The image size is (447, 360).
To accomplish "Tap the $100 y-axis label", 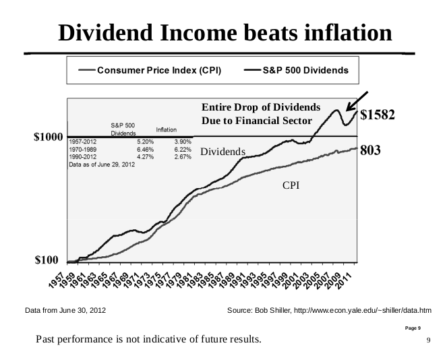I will pos(51,260).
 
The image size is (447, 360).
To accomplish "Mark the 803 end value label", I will pos(371,150).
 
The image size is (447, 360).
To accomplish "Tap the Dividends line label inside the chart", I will pos(222,152).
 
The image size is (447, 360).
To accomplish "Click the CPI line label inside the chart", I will pos(291,185).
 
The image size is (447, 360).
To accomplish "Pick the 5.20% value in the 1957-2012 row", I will pos(145,142).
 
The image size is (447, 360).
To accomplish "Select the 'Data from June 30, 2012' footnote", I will pos(65,310).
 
